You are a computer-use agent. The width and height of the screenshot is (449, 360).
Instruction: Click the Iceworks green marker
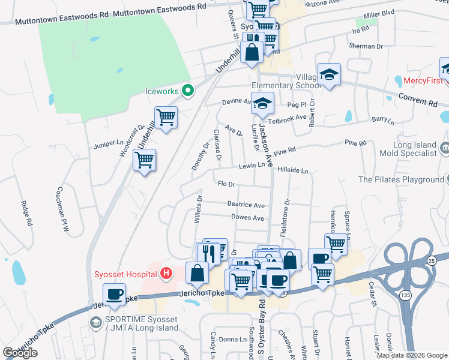pos(187,92)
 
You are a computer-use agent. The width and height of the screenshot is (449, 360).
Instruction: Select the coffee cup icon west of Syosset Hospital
pos(114,295)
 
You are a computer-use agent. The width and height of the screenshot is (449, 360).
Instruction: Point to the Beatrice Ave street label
pos(246,205)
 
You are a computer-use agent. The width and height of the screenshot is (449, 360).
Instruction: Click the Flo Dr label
pos(225,184)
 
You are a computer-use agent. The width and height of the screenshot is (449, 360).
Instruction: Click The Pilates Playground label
pos(400,179)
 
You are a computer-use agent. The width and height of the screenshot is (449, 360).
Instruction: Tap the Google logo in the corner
pos(20,352)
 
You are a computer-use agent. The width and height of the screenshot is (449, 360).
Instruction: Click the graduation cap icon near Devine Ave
pos(262,104)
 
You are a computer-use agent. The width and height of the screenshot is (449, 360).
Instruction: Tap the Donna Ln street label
pos(228,340)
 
